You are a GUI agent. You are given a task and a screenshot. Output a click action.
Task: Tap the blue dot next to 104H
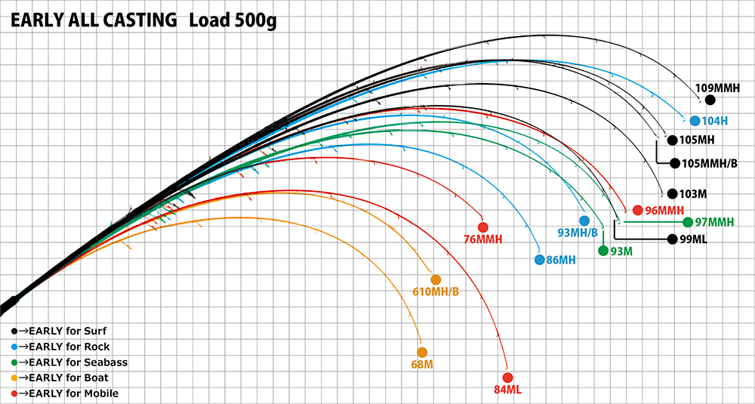coord(694,120)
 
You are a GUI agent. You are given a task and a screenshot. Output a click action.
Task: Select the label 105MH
coord(696,140)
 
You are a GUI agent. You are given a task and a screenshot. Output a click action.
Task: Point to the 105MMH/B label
coord(709,162)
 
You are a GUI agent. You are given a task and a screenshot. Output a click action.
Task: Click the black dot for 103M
coord(671,193)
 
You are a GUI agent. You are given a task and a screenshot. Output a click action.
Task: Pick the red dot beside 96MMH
coord(637,210)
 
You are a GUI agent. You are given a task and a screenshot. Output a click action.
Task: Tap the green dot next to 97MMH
coord(687,222)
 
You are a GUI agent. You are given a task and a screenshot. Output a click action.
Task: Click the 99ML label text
coord(692,239)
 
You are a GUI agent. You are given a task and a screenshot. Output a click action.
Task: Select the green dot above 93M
coord(603,251)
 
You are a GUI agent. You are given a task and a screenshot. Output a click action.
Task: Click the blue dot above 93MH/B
coord(584,221)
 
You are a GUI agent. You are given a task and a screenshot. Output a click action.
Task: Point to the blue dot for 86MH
coord(539,260)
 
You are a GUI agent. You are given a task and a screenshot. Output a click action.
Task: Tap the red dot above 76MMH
coord(482,227)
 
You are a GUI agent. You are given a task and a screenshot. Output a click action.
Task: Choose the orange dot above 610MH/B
coord(436,279)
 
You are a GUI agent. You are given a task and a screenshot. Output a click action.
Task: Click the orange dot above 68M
coord(422,352)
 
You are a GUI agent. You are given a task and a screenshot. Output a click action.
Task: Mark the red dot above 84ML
coord(507,378)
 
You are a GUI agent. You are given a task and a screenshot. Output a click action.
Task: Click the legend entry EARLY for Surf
coord(63,332)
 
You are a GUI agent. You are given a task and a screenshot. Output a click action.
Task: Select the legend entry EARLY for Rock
coord(63,347)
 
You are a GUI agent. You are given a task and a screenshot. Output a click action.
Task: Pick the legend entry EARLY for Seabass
coord(72,362)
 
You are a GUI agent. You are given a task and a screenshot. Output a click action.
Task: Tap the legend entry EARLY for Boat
coord(63,378)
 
